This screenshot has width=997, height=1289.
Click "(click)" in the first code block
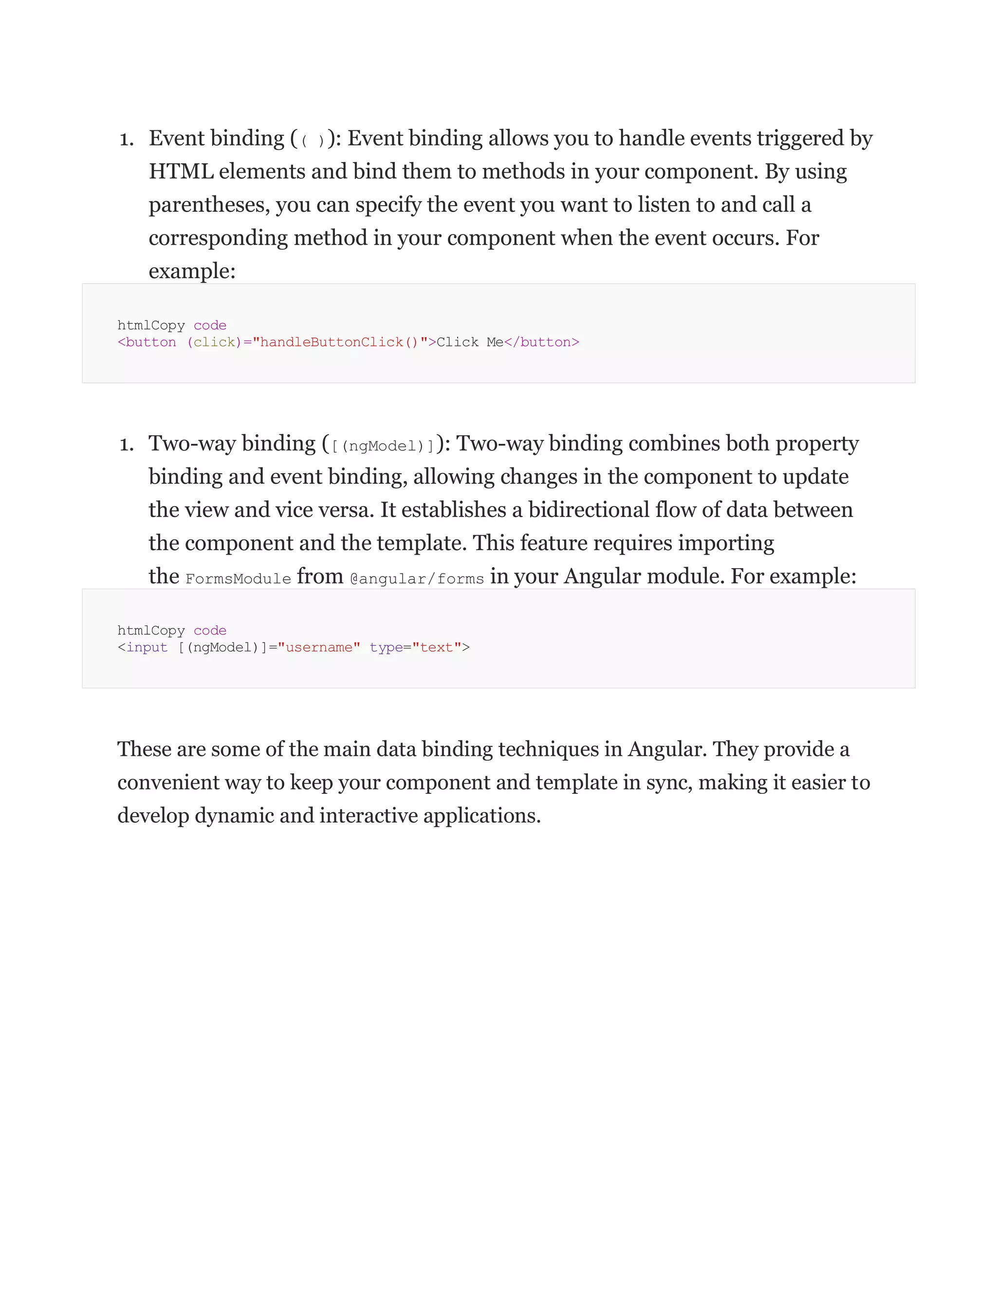click(x=214, y=342)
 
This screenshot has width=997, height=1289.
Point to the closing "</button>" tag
click(x=542, y=342)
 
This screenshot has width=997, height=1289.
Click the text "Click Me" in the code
click(x=470, y=342)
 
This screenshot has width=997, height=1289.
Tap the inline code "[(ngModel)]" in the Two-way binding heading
click(x=383, y=446)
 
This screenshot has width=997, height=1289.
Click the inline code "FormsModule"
click(x=238, y=578)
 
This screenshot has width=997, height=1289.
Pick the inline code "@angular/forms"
click(x=417, y=578)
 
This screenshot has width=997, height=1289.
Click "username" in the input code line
click(x=319, y=647)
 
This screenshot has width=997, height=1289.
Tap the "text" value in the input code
click(x=437, y=647)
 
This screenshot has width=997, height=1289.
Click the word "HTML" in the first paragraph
click(x=181, y=172)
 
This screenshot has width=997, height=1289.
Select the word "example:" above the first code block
click(x=192, y=271)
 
